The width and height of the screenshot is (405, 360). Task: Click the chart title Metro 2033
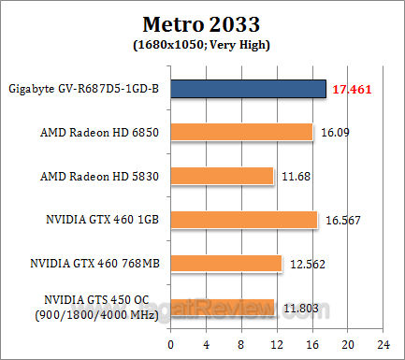tap(202, 22)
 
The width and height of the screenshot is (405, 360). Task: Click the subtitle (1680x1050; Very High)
tap(202, 43)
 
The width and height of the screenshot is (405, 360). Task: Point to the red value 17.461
tap(351, 89)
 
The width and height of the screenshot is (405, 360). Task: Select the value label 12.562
tap(305, 264)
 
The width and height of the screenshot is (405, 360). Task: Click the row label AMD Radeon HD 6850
tap(104, 133)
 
